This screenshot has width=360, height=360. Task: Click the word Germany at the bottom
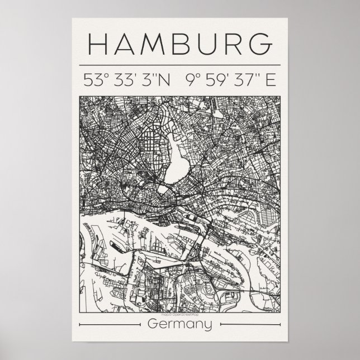pyautogui.click(x=180, y=325)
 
